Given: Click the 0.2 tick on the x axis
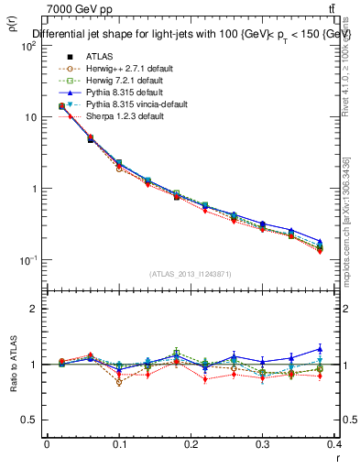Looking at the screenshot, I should click(x=191, y=443).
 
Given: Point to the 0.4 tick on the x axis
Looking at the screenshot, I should click(x=334, y=443).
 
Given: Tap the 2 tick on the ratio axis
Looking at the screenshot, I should click(x=35, y=309).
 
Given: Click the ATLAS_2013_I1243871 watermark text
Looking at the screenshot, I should click(x=191, y=275).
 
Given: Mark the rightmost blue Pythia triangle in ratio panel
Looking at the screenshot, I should click(x=320, y=349).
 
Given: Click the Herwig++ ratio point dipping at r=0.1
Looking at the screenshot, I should click(x=119, y=382).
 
